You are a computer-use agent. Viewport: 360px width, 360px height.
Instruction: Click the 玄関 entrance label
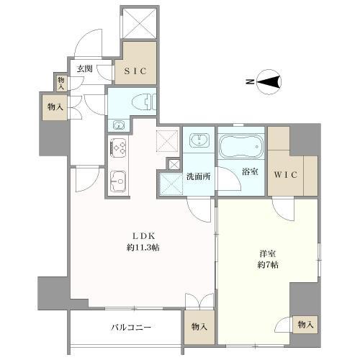click(85, 69)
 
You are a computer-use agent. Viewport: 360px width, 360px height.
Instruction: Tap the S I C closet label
click(135, 71)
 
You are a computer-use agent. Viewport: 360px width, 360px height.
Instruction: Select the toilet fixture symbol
click(144, 102)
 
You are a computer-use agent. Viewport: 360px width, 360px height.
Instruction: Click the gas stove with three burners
click(118, 148)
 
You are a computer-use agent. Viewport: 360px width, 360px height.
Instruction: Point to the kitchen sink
click(118, 181)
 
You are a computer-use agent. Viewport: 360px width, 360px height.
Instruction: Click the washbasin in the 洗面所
click(199, 140)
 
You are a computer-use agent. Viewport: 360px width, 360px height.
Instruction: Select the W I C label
click(286, 174)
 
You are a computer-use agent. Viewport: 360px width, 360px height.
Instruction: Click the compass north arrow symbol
click(269, 82)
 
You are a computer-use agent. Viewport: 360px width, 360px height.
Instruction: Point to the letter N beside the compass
click(250, 82)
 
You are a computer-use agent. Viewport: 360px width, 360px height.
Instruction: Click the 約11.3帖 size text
click(143, 247)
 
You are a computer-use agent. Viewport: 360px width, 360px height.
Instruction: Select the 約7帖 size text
click(268, 265)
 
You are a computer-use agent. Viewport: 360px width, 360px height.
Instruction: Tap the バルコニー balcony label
click(131, 328)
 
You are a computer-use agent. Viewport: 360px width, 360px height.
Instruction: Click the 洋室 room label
click(268, 253)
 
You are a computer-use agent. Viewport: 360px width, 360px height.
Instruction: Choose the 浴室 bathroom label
click(250, 172)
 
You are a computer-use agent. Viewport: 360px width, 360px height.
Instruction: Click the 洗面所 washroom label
click(199, 176)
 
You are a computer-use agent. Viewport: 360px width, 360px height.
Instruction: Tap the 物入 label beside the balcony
click(199, 327)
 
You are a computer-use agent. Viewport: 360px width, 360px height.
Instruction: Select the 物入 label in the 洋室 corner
click(305, 325)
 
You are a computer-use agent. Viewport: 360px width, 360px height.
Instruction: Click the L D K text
click(144, 236)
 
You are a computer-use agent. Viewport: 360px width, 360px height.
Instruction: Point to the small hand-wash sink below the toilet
click(119, 125)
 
